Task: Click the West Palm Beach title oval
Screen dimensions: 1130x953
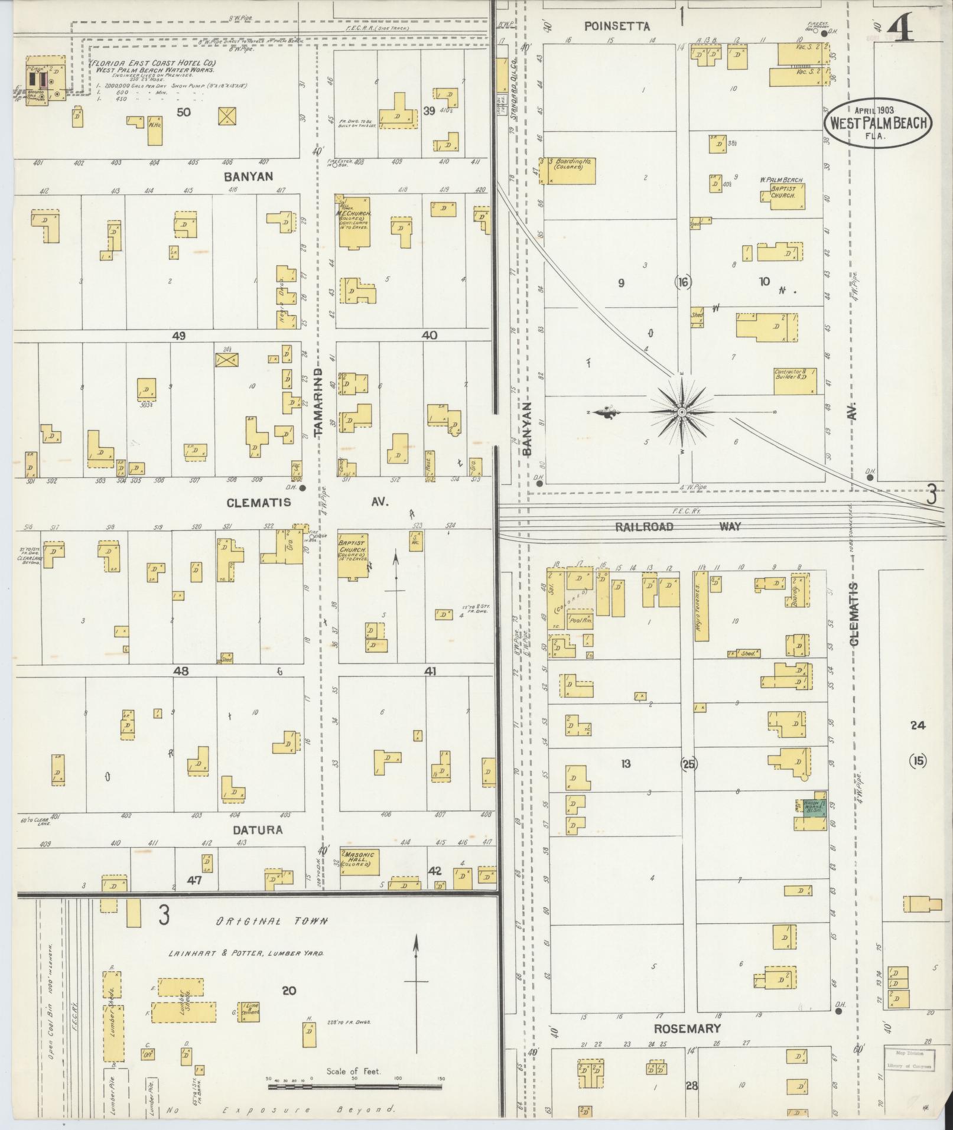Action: coord(877,123)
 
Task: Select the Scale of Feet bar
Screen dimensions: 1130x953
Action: coord(354,1086)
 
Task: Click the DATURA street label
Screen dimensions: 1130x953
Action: coord(257,830)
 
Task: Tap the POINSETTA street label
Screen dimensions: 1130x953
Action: coord(617,26)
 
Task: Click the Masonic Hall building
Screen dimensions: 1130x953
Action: coord(359,862)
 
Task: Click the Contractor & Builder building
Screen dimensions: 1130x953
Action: coord(795,381)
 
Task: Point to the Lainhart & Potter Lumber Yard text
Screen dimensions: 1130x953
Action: coord(245,953)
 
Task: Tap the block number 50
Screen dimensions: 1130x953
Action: coord(184,112)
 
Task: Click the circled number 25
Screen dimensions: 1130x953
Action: coord(689,764)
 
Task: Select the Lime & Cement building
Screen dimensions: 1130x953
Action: coord(248,1011)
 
